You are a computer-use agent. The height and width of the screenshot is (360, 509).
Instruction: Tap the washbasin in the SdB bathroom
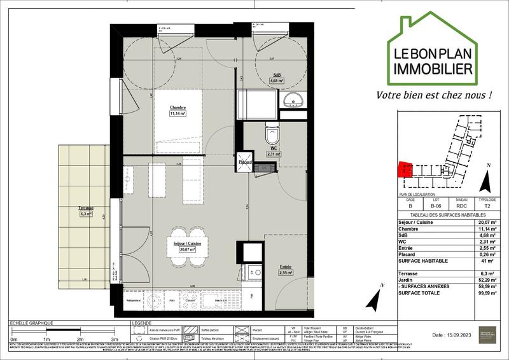293,99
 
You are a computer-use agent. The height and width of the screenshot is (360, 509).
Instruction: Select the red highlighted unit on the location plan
401,169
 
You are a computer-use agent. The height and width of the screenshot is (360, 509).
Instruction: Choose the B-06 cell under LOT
436,206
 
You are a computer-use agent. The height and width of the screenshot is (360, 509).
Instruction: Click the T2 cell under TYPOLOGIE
487,206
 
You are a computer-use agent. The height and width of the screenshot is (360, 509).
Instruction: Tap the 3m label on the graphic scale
114,340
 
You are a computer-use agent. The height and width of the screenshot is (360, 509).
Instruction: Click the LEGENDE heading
142,324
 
